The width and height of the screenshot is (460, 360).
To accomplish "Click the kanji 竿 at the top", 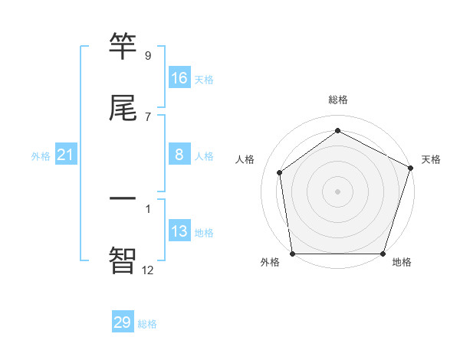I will [123, 48].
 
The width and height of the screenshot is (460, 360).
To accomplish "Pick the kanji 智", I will [123, 259].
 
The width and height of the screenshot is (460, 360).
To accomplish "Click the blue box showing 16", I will [179, 78].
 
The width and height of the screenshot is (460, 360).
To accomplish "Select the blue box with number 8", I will [179, 155].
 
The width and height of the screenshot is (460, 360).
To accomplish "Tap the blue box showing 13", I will [179, 231].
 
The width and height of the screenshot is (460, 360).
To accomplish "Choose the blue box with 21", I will [66, 155].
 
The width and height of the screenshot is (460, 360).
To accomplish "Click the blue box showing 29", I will [123, 322].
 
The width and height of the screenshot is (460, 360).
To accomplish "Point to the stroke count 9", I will [148, 56].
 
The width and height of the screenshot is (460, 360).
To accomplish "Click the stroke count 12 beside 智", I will [148, 269].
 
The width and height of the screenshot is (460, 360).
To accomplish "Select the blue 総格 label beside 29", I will [147, 324].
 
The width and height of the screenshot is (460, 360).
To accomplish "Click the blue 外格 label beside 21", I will [41, 156].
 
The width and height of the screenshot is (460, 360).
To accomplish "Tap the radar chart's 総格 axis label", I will [338, 100].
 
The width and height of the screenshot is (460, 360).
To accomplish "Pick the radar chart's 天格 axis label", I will [431, 159].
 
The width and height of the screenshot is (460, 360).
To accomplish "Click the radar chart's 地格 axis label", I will [402, 262].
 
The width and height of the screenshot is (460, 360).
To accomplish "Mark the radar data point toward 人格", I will [280, 172].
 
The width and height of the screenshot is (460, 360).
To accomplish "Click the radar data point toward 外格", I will [292, 254].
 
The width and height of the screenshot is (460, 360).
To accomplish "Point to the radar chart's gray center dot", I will [338, 191].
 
